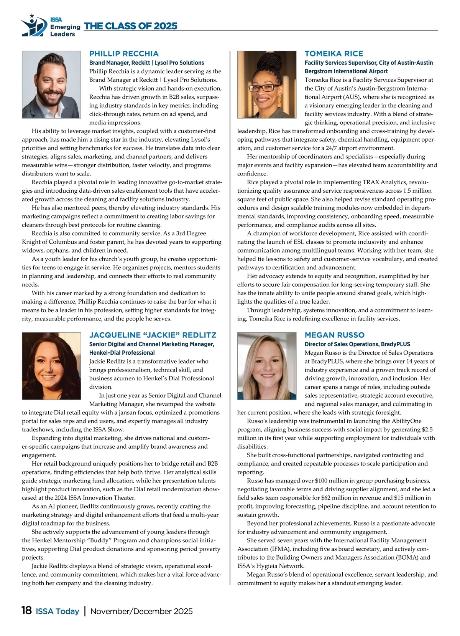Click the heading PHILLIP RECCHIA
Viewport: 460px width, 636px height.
(124, 54)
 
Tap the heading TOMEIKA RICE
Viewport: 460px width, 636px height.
(333, 54)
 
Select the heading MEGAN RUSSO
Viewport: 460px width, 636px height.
(334, 335)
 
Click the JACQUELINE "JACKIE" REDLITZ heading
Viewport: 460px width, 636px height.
(153, 335)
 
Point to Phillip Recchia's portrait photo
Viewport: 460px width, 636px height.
(51, 84)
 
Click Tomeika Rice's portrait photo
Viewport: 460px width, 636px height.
(267, 84)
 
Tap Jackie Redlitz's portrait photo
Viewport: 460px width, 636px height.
(51, 366)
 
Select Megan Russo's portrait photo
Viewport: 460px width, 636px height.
(267, 366)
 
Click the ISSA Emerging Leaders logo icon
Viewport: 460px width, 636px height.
(32, 26)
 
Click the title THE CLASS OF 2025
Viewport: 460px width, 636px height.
(130, 26)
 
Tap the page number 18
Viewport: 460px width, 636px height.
(26, 611)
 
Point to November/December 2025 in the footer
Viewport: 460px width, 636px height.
(141, 611)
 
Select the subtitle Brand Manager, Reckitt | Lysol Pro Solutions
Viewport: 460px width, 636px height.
(146, 63)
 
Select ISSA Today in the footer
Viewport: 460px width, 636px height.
(58, 611)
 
